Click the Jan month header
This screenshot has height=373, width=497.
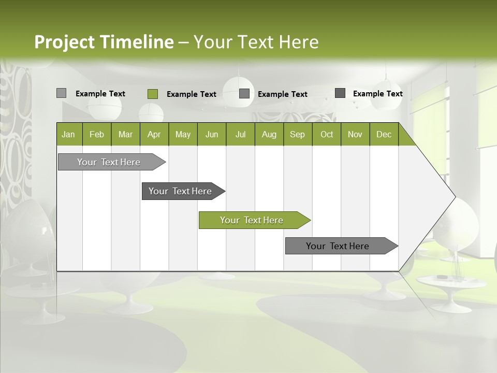(69, 134)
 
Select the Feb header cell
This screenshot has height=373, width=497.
(97, 134)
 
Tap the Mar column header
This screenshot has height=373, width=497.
(125, 134)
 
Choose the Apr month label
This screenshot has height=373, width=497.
(154, 134)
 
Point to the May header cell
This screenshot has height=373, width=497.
(183, 134)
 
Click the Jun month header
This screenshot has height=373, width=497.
(212, 134)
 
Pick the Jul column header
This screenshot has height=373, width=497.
(240, 134)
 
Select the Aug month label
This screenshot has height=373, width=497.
(269, 134)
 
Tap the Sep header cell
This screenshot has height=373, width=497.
(298, 134)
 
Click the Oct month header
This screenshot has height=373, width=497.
(327, 134)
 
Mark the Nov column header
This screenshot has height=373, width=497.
(355, 134)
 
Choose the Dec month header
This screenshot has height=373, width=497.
(384, 134)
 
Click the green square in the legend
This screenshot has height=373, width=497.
(153, 94)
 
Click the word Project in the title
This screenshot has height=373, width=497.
(64, 42)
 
